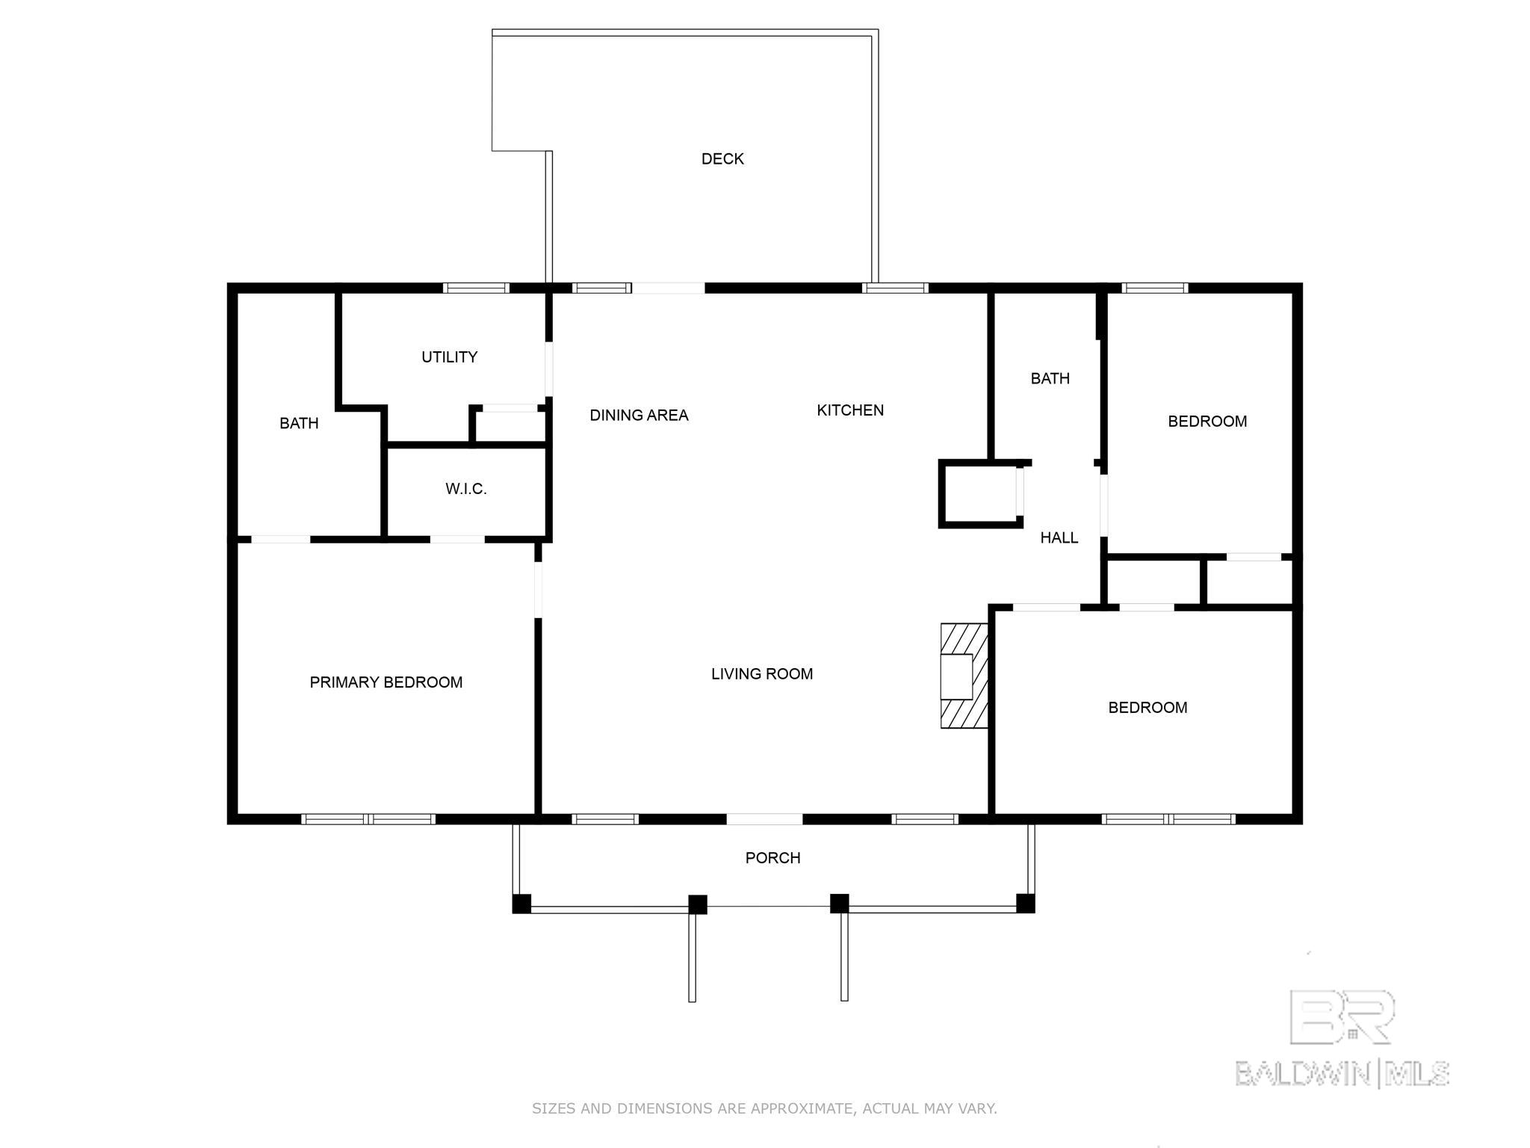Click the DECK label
tap(722, 158)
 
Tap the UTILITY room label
tap(449, 357)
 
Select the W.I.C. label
tap(466, 489)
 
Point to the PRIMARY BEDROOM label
tap(386, 682)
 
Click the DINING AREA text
tap(639, 416)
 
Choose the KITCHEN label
tap(850, 410)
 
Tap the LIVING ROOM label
tap(762, 674)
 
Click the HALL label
tap(1059, 537)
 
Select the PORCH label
tap(773, 858)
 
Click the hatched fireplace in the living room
tap(964, 676)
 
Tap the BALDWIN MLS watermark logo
tap(1342, 1038)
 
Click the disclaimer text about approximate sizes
tap(764, 1108)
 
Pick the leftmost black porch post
tap(521, 904)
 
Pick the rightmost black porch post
tap(1026, 904)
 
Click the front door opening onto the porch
tap(765, 819)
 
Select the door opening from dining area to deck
tap(668, 288)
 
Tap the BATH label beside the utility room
tap(299, 424)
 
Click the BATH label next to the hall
tap(1050, 379)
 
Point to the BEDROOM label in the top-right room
tap(1207, 422)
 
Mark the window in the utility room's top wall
tap(476, 288)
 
